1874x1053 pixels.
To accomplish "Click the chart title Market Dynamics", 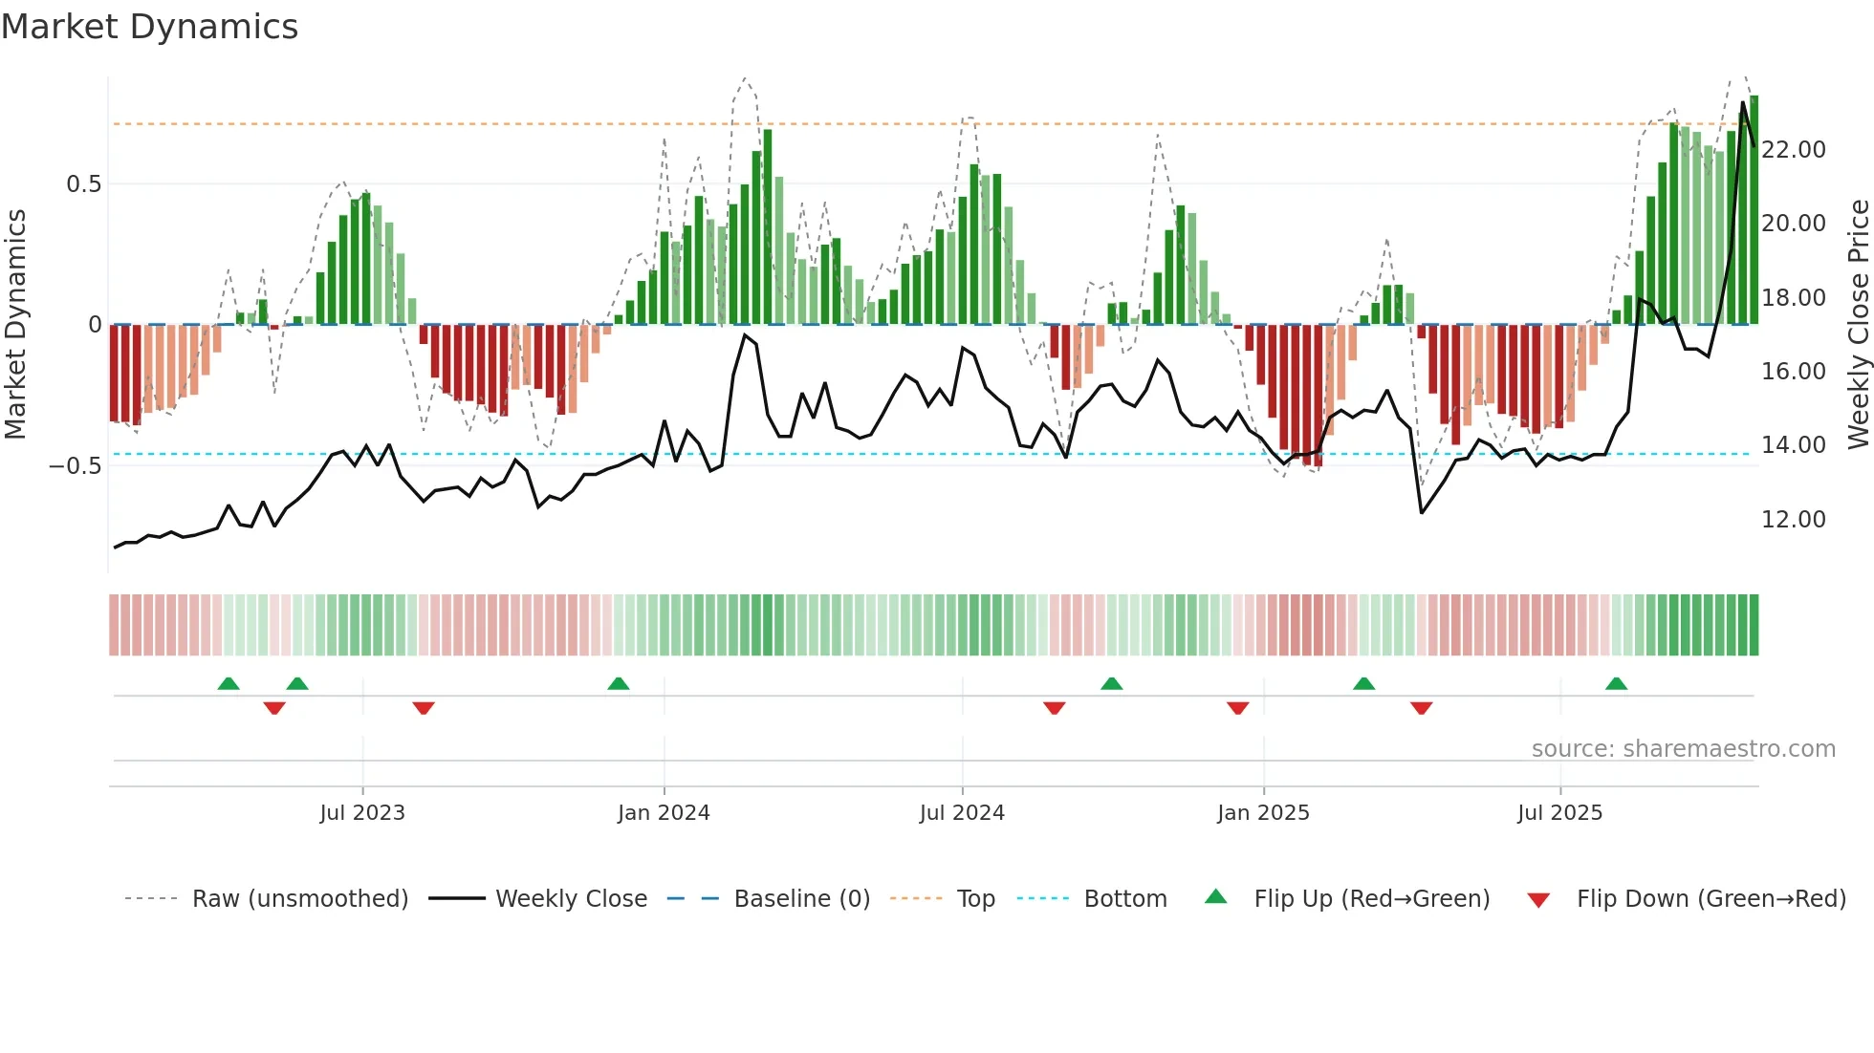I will (149, 27).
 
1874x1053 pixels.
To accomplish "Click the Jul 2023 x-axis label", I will (362, 813).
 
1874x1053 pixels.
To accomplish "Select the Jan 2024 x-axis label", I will (664, 813).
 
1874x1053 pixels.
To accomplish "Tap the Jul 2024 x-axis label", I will (962, 813).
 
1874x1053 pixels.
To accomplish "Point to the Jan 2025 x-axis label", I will (1263, 813).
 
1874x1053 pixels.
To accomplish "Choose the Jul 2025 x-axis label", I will (1559, 813).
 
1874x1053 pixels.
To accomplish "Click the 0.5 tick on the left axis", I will (83, 184).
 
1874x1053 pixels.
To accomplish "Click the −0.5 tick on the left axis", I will (76, 466).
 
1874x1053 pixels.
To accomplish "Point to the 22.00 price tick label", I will (1794, 150).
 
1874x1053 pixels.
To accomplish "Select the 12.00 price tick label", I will (1794, 520).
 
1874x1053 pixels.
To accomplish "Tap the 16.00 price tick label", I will (1794, 372).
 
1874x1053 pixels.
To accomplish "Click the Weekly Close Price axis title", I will (1858, 325).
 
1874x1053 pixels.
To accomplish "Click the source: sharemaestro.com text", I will (1683, 749).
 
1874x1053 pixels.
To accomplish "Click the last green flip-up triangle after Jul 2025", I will (1616, 684).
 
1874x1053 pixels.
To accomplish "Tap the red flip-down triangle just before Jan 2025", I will (1237, 708).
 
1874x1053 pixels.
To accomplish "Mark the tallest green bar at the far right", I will (1754, 210).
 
